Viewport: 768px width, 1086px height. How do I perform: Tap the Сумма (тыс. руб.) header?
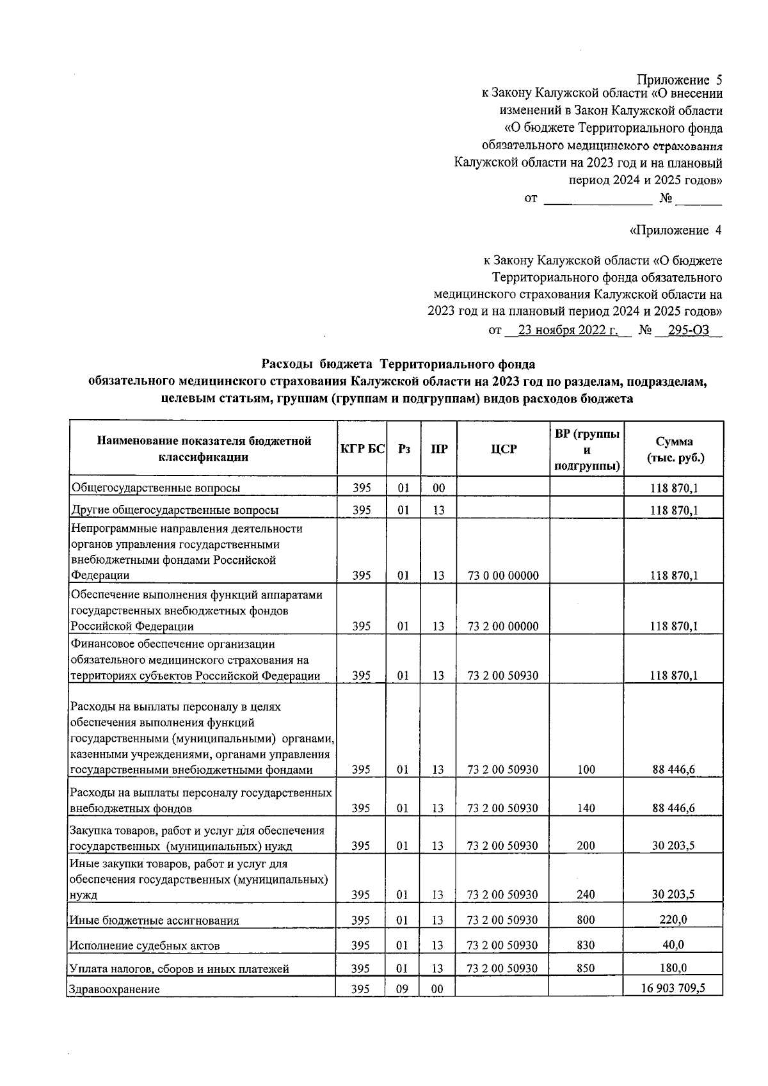click(x=673, y=449)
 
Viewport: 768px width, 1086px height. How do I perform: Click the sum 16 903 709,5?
click(x=673, y=988)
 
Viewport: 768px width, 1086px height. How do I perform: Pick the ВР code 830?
click(x=585, y=945)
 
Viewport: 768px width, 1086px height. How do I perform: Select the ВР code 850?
click(x=585, y=968)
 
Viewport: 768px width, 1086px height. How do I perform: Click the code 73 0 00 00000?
click(x=503, y=575)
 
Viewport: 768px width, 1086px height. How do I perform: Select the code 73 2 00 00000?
click(x=503, y=626)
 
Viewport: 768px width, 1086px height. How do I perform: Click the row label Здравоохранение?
click(x=115, y=989)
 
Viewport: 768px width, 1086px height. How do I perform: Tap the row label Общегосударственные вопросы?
click(x=156, y=488)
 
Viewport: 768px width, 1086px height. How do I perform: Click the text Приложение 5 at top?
click(x=679, y=80)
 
